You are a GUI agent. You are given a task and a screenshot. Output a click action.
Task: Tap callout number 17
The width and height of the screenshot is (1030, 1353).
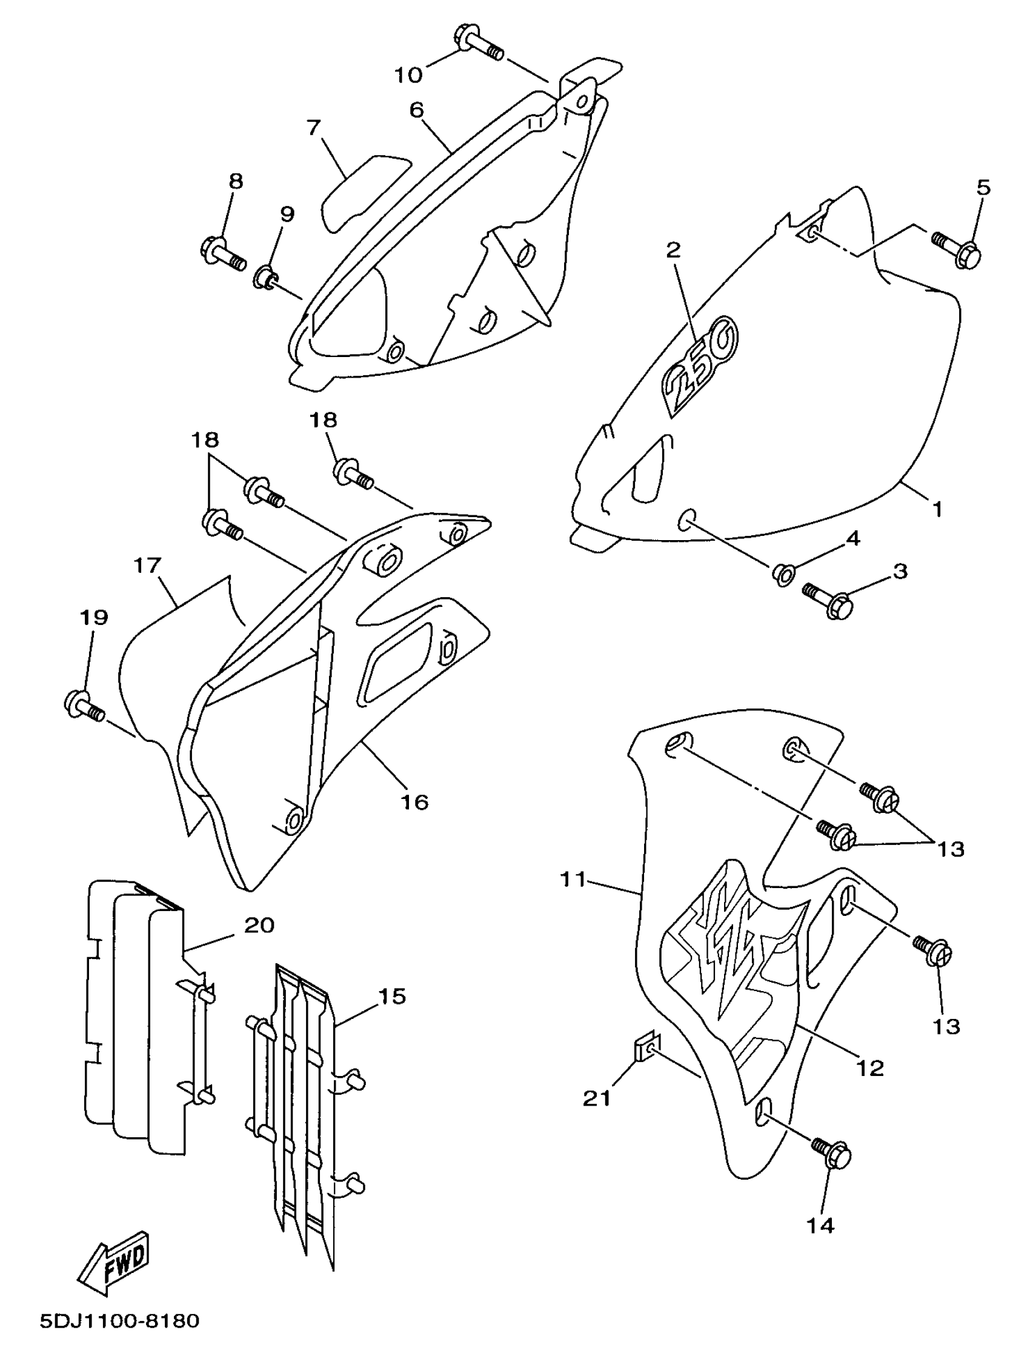pos(147,565)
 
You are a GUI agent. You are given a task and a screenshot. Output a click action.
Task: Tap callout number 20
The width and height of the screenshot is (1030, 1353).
pos(259,924)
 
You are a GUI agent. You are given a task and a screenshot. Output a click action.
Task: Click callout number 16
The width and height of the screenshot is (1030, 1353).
pos(414,801)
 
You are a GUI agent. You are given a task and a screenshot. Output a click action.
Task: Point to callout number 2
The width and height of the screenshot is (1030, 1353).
pos(674,250)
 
